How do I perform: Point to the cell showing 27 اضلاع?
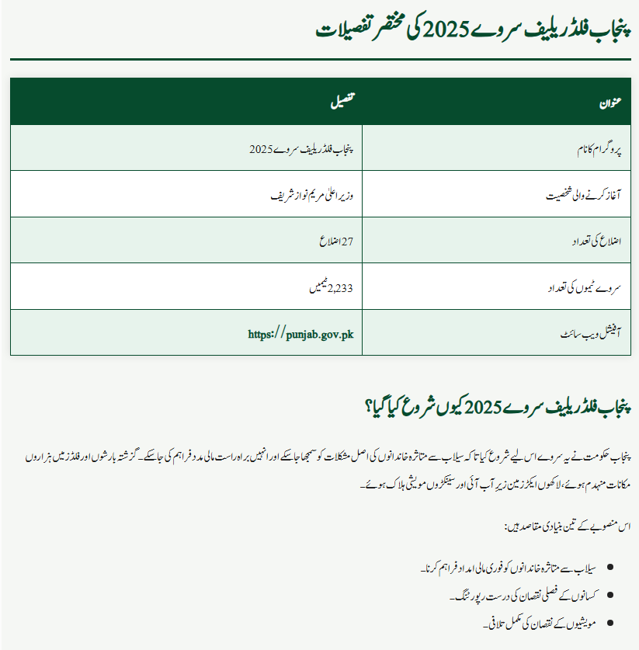pyautogui.click(x=336, y=242)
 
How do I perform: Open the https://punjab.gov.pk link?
pyautogui.click(x=300, y=335)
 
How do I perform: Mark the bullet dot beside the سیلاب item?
pyautogui.click(x=611, y=569)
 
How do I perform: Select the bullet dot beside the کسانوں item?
pyautogui.click(x=611, y=596)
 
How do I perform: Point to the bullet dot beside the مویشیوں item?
pyautogui.click(x=611, y=622)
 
